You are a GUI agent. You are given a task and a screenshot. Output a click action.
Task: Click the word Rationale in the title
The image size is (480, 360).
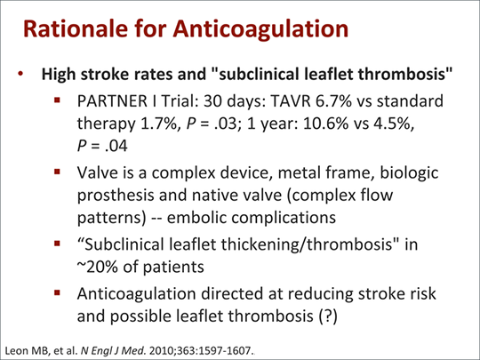click(x=76, y=28)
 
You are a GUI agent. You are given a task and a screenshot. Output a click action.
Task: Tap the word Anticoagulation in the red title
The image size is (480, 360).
click(x=260, y=28)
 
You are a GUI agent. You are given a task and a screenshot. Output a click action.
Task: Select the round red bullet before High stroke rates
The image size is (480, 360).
click(x=20, y=74)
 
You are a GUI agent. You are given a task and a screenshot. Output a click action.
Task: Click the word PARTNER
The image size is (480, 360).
click(x=112, y=101)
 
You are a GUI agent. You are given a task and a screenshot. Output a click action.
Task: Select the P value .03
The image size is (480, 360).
click(x=226, y=124)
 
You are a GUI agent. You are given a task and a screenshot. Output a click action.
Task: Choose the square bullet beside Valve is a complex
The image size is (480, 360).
click(x=57, y=172)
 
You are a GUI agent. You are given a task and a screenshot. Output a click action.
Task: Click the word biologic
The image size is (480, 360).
click(x=409, y=173)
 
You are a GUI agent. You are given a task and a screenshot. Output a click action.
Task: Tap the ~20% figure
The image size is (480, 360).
click(x=98, y=267)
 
